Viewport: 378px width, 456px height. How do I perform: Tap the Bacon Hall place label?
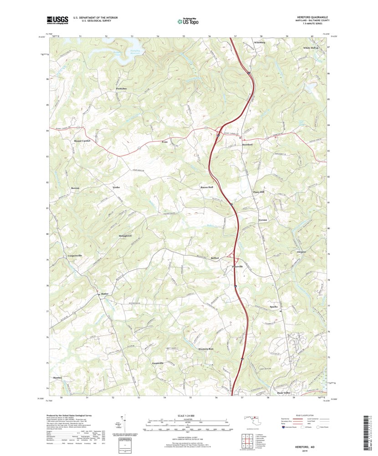[207, 187]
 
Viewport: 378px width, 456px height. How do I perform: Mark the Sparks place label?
[273, 307]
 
